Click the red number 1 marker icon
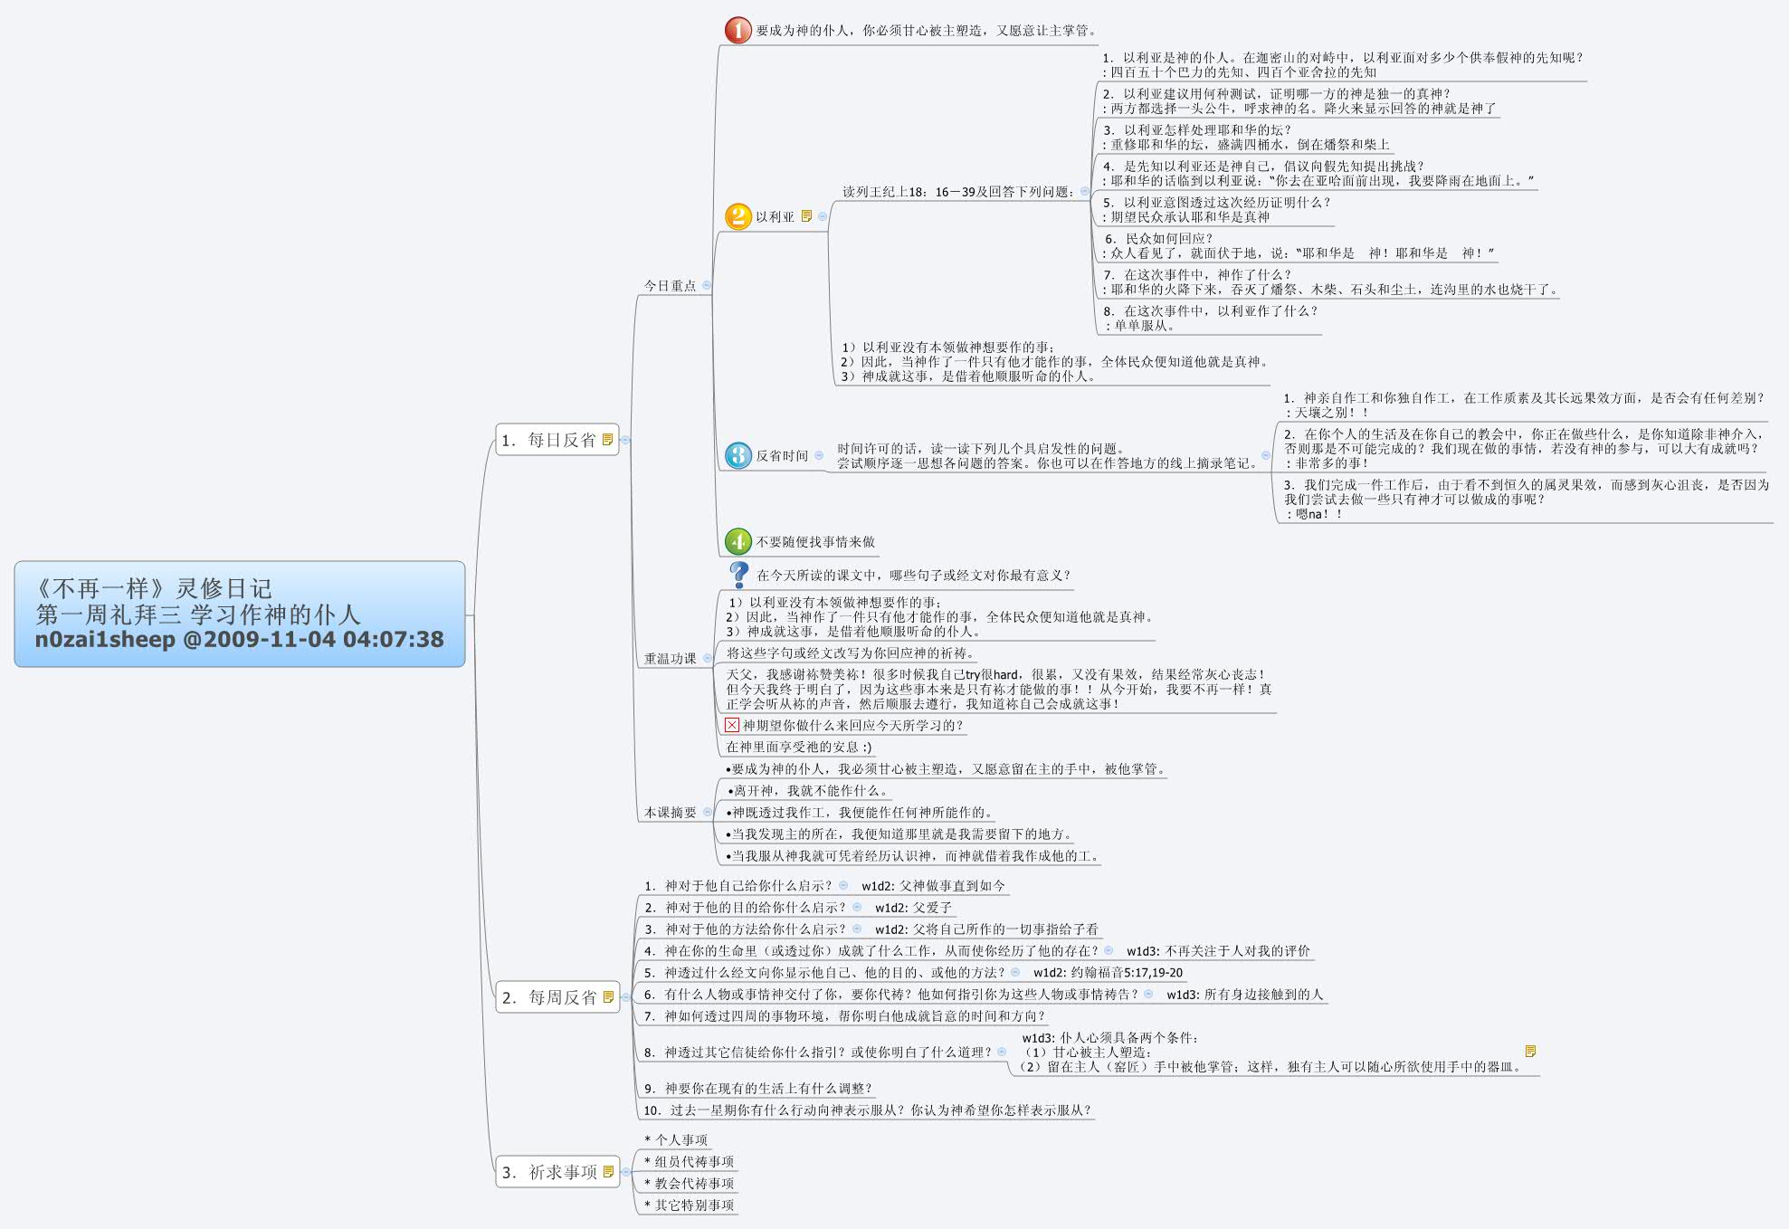click(737, 30)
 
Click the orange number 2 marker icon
click(737, 216)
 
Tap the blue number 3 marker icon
click(737, 455)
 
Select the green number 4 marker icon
click(737, 541)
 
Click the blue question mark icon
click(738, 575)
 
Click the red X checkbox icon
click(732, 725)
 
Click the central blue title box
click(240, 614)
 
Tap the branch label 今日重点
click(670, 286)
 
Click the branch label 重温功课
click(670, 659)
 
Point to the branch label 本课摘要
click(670, 813)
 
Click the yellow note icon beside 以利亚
click(806, 216)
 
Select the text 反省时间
click(782, 456)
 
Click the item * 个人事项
click(676, 1140)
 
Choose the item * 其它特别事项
click(689, 1205)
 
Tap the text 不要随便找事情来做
click(815, 542)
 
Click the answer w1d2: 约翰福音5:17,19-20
click(1108, 973)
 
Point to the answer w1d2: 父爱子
click(913, 908)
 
